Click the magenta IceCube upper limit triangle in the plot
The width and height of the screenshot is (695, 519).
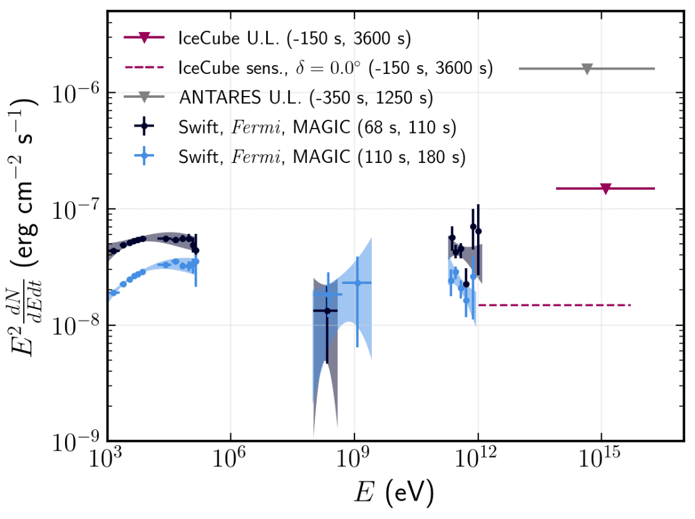click(x=605, y=189)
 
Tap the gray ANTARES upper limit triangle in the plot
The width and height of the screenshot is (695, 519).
click(x=587, y=69)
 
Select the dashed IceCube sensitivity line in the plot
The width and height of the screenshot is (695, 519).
click(x=554, y=305)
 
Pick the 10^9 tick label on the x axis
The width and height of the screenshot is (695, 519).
click(x=354, y=459)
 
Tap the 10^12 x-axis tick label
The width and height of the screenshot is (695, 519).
click(x=478, y=459)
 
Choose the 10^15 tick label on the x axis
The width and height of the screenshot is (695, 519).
click(x=602, y=459)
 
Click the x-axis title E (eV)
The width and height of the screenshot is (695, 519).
click(x=392, y=493)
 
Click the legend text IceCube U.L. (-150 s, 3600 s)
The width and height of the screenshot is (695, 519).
click(x=294, y=38)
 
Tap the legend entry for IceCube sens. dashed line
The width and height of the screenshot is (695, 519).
click(x=336, y=68)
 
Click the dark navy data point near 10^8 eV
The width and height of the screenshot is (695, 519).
click(x=327, y=311)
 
